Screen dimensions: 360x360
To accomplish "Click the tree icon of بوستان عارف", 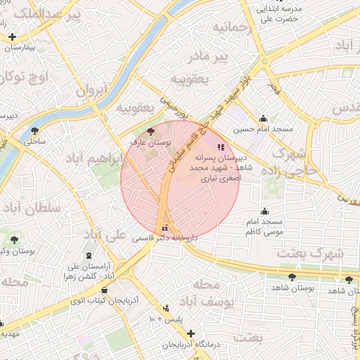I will coord(150,131).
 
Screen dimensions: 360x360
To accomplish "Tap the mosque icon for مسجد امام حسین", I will coord(263,119).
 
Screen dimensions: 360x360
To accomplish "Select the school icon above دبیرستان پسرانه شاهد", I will coord(221,148).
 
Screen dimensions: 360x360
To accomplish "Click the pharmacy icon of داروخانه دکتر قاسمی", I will coord(165,228).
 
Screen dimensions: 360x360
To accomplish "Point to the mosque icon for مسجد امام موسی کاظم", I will coord(264,211).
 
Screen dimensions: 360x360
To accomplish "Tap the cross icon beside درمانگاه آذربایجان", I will coord(191,333).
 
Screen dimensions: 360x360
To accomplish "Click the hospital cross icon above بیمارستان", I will coord(12,37).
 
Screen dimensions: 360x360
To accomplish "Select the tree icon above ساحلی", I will coord(35,130).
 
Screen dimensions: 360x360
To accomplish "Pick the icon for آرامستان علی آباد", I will coord(89,256).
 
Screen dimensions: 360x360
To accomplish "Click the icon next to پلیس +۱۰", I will coord(166,308).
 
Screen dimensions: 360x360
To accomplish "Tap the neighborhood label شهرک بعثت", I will coord(309,253).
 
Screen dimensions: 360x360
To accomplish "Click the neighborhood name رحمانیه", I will coord(231,29).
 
